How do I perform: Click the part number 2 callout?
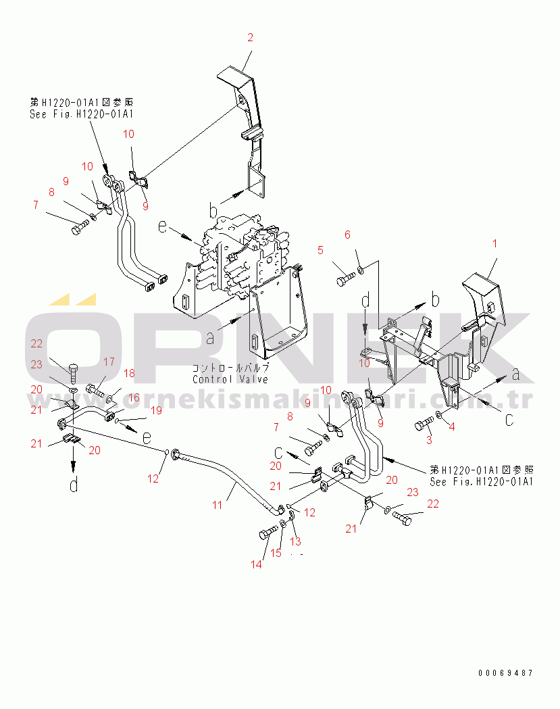(x=250, y=38)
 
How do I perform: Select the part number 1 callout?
(x=495, y=243)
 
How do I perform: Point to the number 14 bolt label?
(x=256, y=565)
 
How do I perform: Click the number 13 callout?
(x=295, y=542)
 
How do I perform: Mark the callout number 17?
(x=108, y=362)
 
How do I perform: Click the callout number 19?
(x=155, y=410)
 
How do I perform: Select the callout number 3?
(x=428, y=441)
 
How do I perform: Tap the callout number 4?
(x=452, y=426)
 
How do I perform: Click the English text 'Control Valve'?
(x=230, y=379)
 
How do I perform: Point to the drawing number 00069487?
(x=505, y=673)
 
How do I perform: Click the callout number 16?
(x=134, y=398)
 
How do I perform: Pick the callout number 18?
(x=128, y=373)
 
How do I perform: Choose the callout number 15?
(x=276, y=554)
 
